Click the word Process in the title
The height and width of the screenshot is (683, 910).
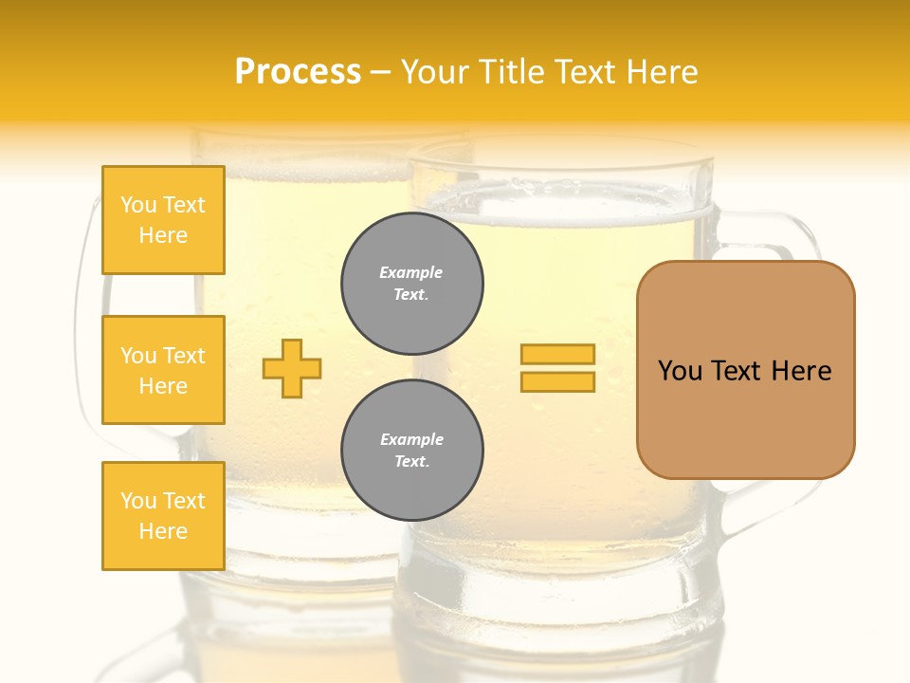[298, 72]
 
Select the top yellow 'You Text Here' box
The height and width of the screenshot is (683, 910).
[163, 220]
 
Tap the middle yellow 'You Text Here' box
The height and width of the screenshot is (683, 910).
[163, 370]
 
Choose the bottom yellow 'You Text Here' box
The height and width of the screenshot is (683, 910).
[163, 516]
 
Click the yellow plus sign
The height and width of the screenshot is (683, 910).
[292, 368]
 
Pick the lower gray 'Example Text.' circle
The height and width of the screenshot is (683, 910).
[412, 451]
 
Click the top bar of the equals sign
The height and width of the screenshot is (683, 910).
[557, 355]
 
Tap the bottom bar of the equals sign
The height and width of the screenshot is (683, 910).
[557, 382]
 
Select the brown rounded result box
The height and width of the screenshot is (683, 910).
[745, 370]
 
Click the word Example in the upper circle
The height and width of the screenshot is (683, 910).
[411, 273]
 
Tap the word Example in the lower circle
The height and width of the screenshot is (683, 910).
[411, 440]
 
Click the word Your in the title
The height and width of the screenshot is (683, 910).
[433, 72]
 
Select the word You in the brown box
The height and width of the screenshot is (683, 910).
[680, 371]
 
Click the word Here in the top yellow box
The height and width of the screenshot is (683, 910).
[163, 235]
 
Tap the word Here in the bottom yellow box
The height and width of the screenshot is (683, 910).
[163, 531]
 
